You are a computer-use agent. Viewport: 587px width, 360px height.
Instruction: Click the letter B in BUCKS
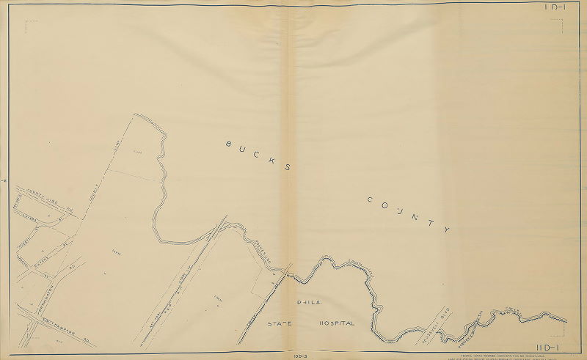click(x=228, y=144)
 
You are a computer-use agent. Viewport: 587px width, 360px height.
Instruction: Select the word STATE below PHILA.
click(x=280, y=323)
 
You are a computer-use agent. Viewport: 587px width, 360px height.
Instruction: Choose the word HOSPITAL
click(x=338, y=323)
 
